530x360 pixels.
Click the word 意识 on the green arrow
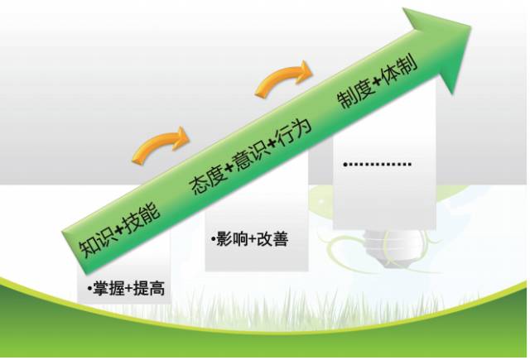pos(253,154)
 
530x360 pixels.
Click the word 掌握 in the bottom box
pos(104,290)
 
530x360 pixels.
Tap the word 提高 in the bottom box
pos(148,290)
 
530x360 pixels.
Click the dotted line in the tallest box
pos(379,165)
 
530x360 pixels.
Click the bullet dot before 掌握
pos(87,290)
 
